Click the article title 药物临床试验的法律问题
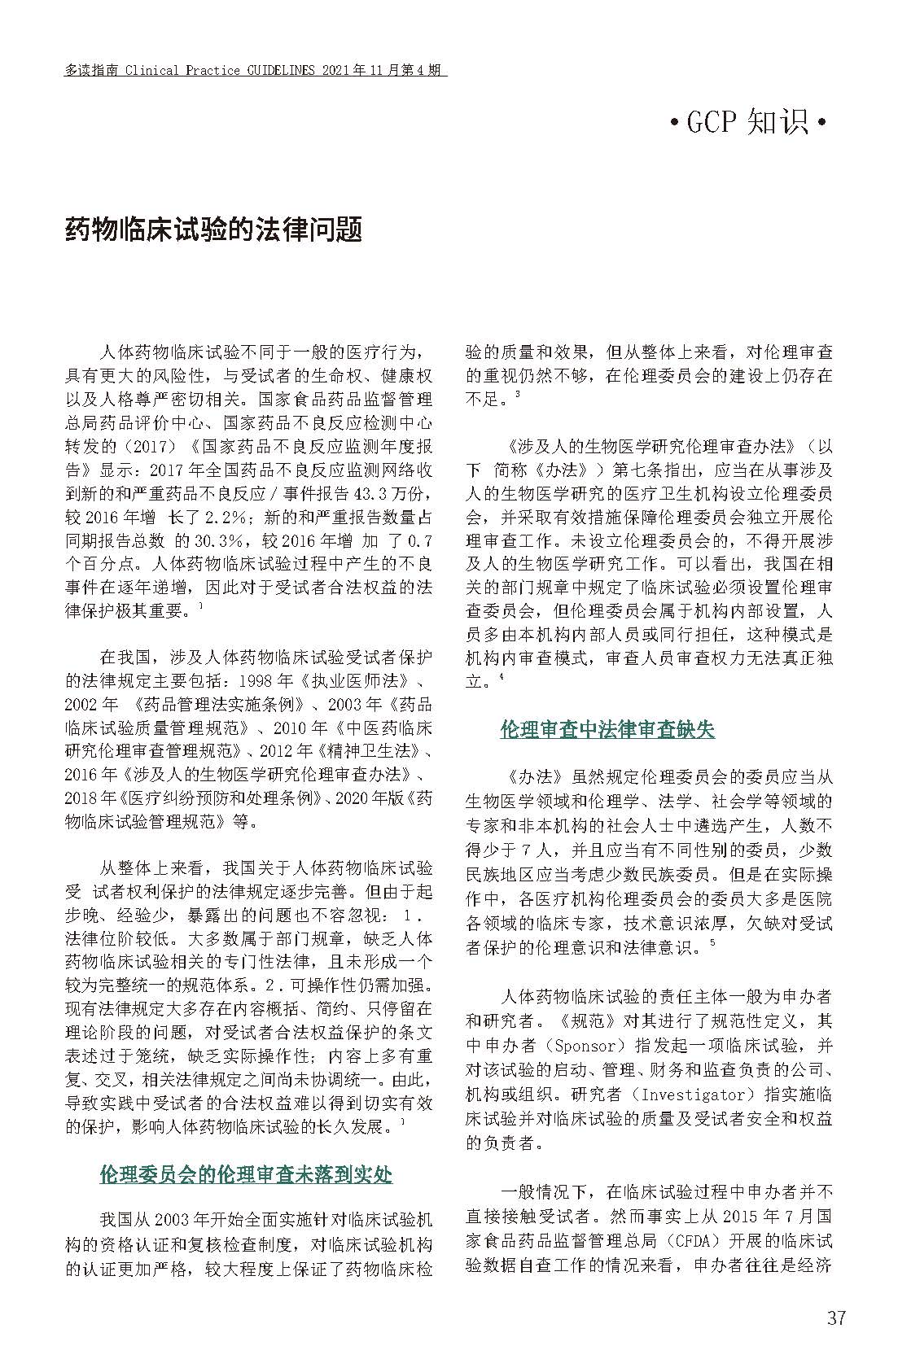click(x=213, y=229)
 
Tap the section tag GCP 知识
click(x=747, y=123)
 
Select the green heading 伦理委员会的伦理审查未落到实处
click(x=246, y=1173)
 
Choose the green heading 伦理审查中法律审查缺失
click(x=607, y=729)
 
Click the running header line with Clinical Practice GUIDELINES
click(x=256, y=71)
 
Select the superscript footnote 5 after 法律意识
click(x=712, y=943)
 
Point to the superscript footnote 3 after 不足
click(x=517, y=395)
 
